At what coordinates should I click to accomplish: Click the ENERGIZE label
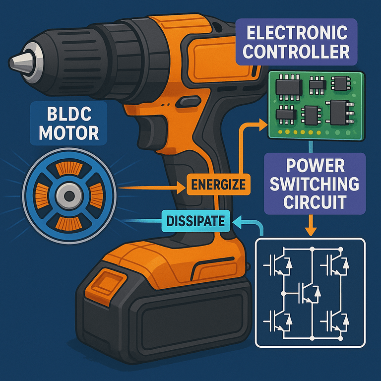pos(218,186)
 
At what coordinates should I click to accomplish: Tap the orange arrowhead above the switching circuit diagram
pos(311,231)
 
